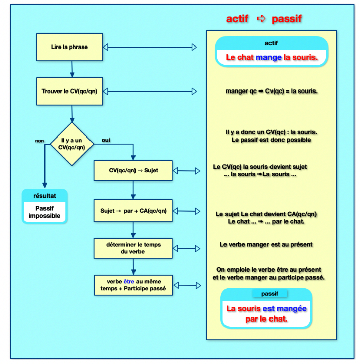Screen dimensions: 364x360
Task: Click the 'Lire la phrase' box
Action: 69,47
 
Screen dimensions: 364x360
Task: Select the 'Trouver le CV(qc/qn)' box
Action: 69,92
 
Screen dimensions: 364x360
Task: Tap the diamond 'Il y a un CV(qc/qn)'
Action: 72,144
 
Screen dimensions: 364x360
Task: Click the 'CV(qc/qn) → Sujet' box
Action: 133,170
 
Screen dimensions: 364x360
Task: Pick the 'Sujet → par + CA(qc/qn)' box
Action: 133,211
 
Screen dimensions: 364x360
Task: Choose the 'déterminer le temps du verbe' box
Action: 133,248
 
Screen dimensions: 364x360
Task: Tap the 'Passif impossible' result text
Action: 44,212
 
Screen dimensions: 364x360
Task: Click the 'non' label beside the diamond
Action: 39,141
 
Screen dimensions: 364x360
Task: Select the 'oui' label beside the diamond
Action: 106,140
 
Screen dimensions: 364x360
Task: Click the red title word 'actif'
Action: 237,19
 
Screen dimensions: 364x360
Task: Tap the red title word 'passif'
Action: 287,19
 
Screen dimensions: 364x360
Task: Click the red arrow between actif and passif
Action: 261,19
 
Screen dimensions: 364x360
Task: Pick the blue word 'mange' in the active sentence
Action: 268,58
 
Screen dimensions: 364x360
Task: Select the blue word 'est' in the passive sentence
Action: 268,308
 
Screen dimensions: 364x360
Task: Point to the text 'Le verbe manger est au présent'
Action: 266,245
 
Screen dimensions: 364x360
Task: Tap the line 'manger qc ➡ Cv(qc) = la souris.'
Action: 271,92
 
